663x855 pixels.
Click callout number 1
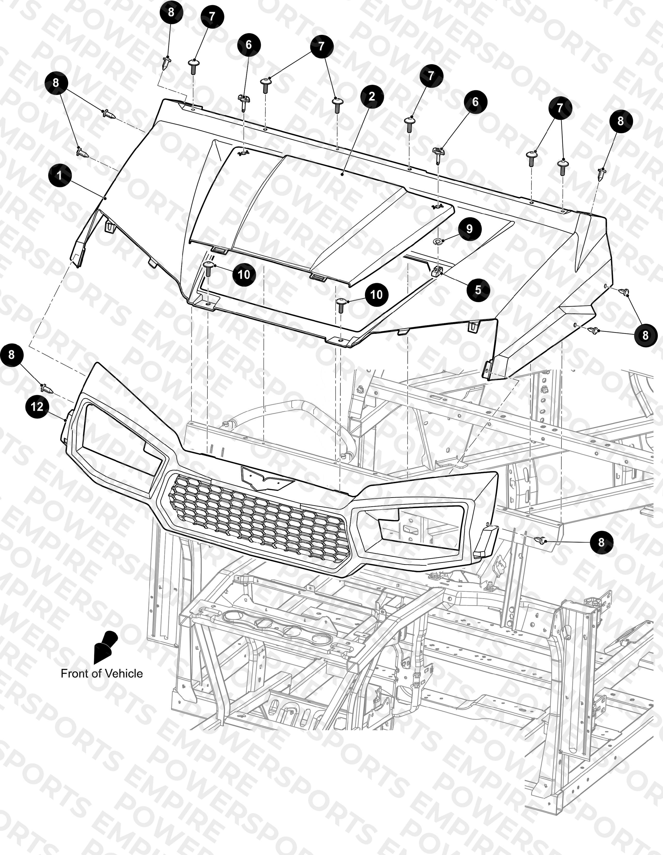pos(60,175)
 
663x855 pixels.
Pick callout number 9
pos(470,229)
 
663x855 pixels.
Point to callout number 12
pos(37,406)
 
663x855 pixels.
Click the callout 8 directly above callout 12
pos(11,355)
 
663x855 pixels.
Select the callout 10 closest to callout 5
pos(376,294)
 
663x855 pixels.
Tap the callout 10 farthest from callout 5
pos(244,274)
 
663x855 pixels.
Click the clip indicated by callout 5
pos(437,271)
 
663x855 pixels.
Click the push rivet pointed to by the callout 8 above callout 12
pos(46,388)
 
